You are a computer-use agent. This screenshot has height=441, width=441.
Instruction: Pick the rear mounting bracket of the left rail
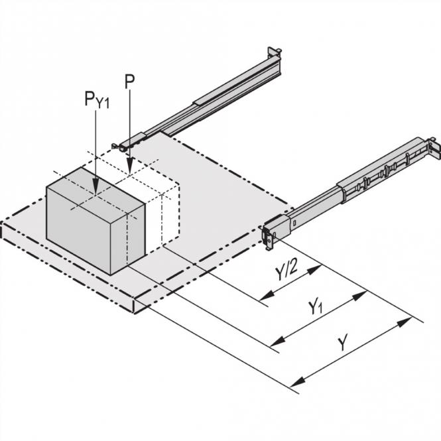pyautogui.click(x=273, y=54)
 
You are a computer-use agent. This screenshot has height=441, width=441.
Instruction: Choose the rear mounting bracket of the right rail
pyautogui.click(x=434, y=149)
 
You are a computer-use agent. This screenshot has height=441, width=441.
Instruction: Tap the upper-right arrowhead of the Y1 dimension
pyautogui.click(x=365, y=291)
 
